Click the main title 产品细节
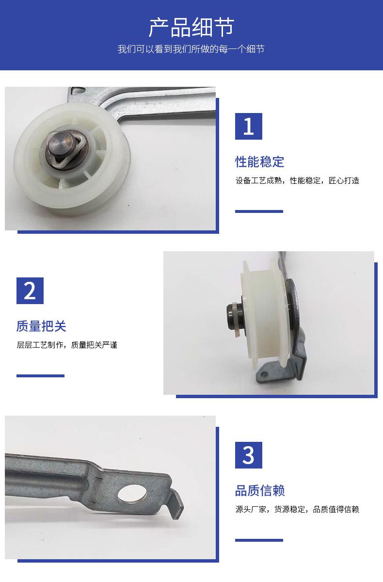coord(191,27)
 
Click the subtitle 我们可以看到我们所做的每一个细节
coord(191,49)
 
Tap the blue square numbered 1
coord(249,126)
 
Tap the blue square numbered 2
coord(30,291)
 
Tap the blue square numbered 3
coord(249,455)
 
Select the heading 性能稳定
coord(259,162)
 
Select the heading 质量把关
coord(41,326)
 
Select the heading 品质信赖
coord(260,490)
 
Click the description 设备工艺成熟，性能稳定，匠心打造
coord(297,180)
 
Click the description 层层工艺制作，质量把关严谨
coord(67,345)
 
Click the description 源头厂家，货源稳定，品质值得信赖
coord(297,509)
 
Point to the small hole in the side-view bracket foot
coord(264,374)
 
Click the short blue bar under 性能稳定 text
coord(259,211)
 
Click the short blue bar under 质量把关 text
coord(40,376)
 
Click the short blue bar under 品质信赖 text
coord(259,540)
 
